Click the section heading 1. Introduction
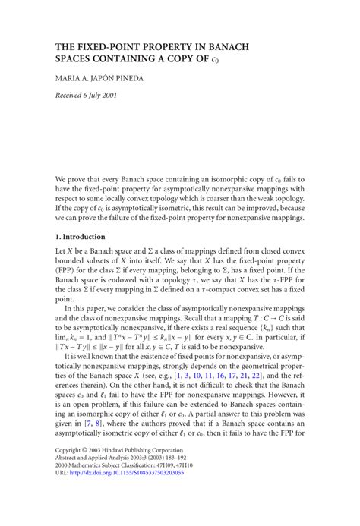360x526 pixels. [x=85, y=238]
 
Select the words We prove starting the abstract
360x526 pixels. [x=73, y=180]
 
